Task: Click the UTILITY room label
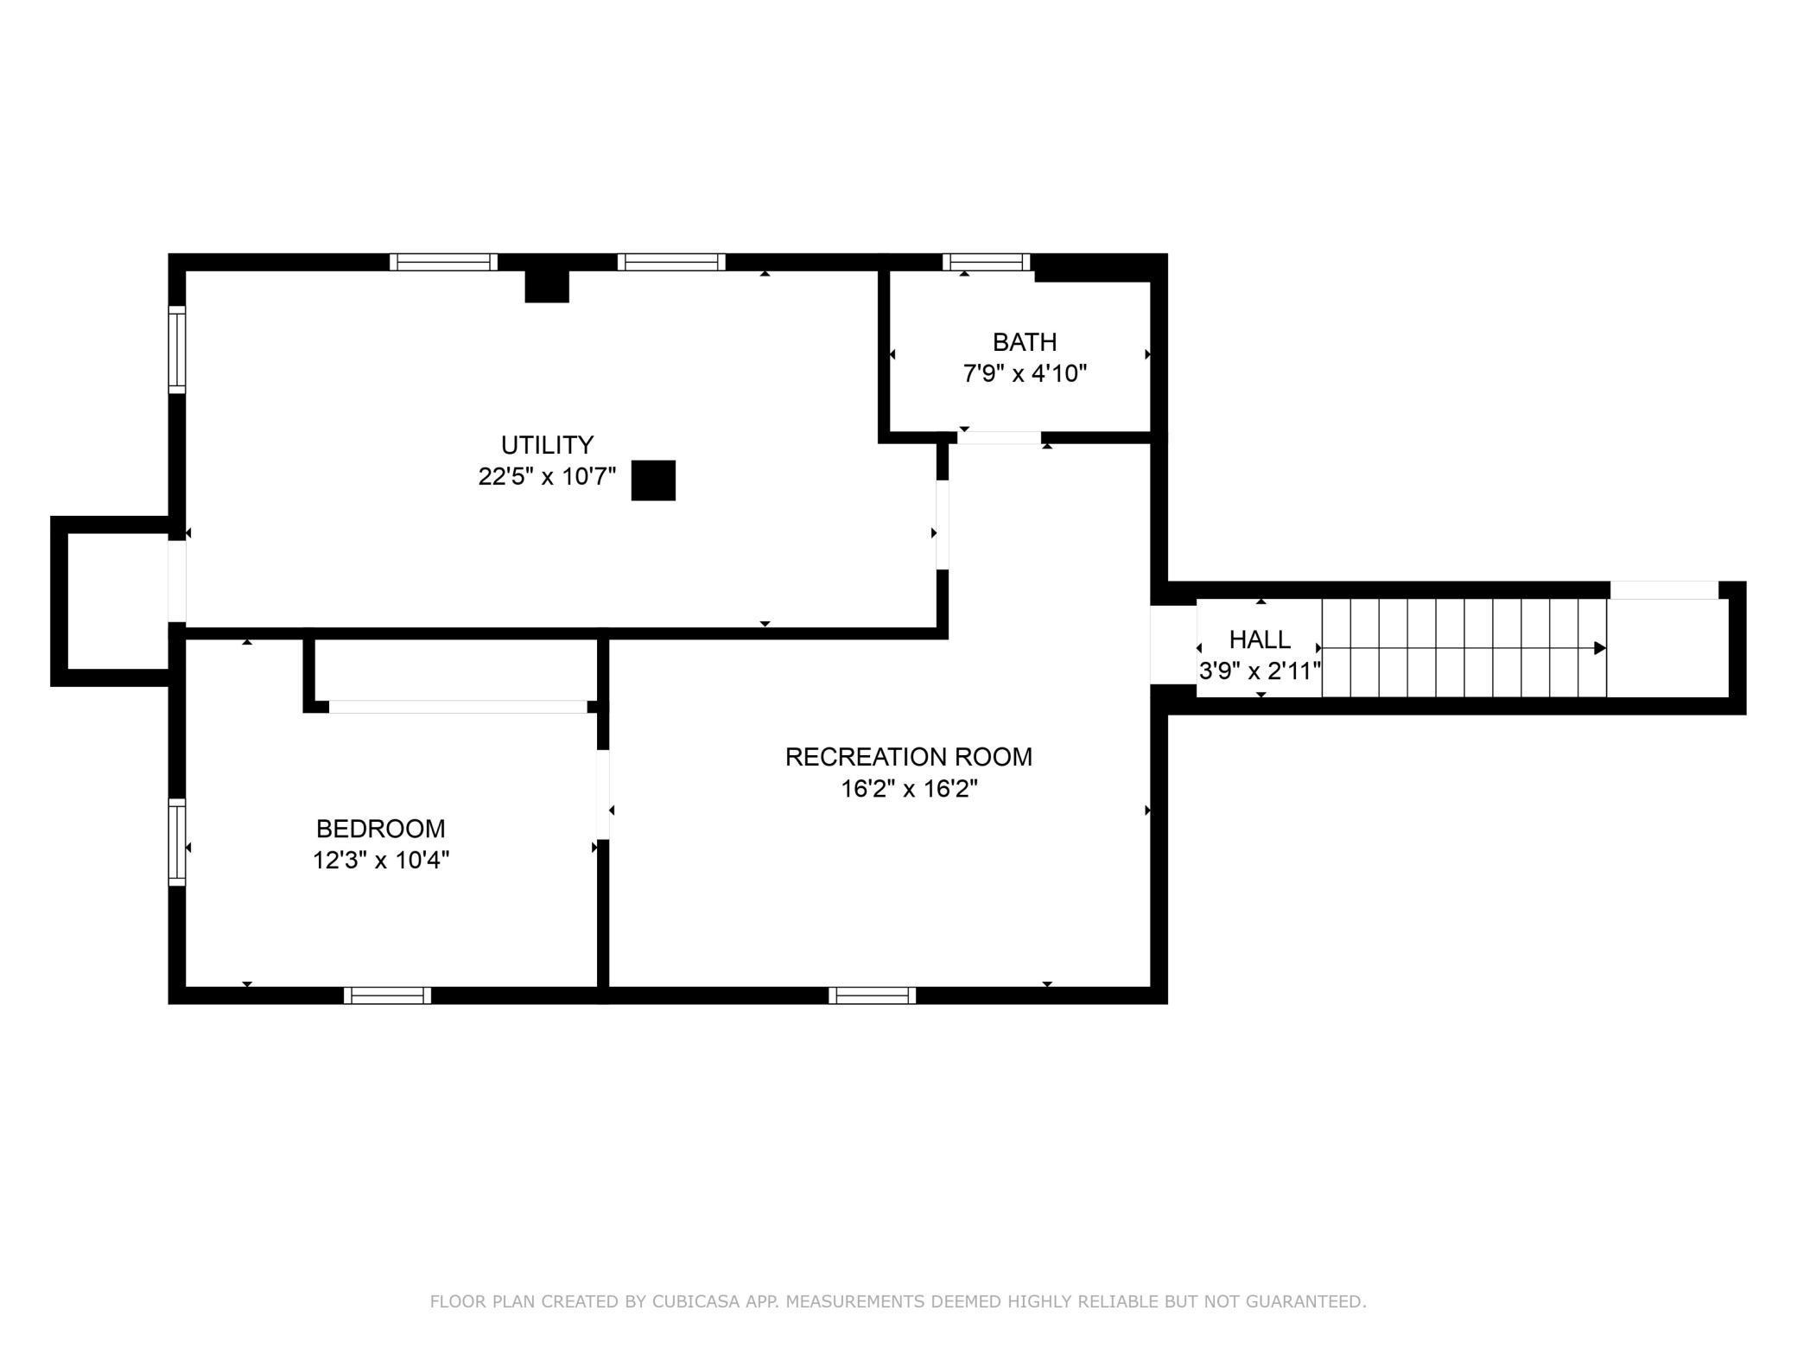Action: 547,445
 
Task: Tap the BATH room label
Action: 1025,342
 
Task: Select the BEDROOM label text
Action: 381,829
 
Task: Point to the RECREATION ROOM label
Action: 909,757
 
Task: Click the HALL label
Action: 1260,639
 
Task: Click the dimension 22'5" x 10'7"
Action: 547,476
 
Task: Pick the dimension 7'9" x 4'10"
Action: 1025,373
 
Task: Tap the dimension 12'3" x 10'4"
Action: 381,860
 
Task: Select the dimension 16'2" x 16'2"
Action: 909,788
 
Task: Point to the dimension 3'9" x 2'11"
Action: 1260,671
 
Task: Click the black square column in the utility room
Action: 653,480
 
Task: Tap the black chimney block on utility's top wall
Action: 547,286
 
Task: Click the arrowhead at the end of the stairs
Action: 1600,648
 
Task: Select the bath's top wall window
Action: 987,262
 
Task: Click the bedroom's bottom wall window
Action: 387,995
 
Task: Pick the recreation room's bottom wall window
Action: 872,995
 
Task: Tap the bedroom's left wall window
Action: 177,842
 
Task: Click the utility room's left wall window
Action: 177,349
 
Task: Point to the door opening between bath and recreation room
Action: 1000,437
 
